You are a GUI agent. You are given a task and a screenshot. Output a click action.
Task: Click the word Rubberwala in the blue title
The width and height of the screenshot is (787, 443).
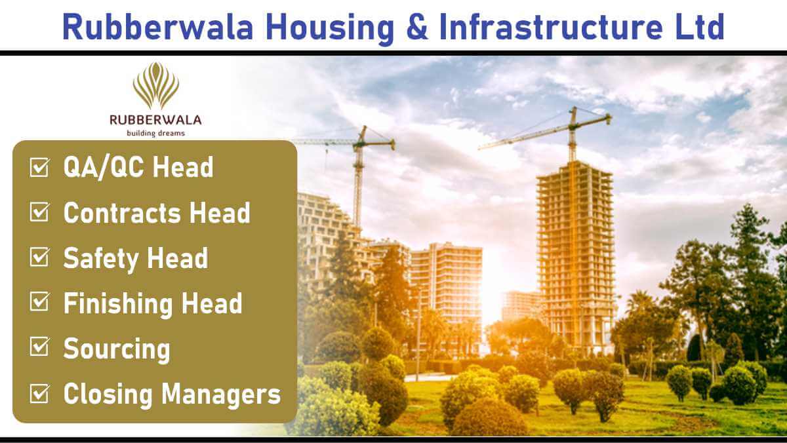coord(158,27)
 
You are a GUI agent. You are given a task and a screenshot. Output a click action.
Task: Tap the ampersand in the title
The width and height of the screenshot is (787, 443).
coord(417,27)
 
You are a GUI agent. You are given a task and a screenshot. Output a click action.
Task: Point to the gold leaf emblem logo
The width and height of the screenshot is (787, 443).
coord(156,86)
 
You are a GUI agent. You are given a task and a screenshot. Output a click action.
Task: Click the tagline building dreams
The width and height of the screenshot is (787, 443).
coord(155,134)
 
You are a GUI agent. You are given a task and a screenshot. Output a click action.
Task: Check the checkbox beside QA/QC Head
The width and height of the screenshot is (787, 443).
coord(39,167)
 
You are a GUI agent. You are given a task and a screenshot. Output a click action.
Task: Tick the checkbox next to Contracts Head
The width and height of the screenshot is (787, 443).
coord(39,212)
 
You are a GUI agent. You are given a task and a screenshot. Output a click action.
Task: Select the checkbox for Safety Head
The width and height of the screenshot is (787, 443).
coord(39,257)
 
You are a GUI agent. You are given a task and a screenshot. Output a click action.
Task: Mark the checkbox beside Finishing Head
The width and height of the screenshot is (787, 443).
coord(39,302)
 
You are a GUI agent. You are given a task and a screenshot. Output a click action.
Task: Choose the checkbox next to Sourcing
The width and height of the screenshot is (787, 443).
coord(39,347)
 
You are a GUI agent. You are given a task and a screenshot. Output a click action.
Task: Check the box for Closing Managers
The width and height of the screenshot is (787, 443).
coord(39,393)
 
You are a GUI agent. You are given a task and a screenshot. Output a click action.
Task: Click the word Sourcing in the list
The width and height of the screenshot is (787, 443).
coord(117,350)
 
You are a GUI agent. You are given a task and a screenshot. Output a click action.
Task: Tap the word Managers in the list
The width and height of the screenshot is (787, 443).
coord(222,395)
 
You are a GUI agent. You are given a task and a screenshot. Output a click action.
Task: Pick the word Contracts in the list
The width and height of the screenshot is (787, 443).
coord(122,213)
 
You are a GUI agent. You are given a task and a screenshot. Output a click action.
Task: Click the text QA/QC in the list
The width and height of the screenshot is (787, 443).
coord(104,168)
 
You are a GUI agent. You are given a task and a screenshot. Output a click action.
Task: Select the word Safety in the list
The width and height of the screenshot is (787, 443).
coord(102,260)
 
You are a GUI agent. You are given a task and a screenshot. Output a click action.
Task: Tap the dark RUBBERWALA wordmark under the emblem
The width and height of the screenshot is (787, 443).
coord(155,120)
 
